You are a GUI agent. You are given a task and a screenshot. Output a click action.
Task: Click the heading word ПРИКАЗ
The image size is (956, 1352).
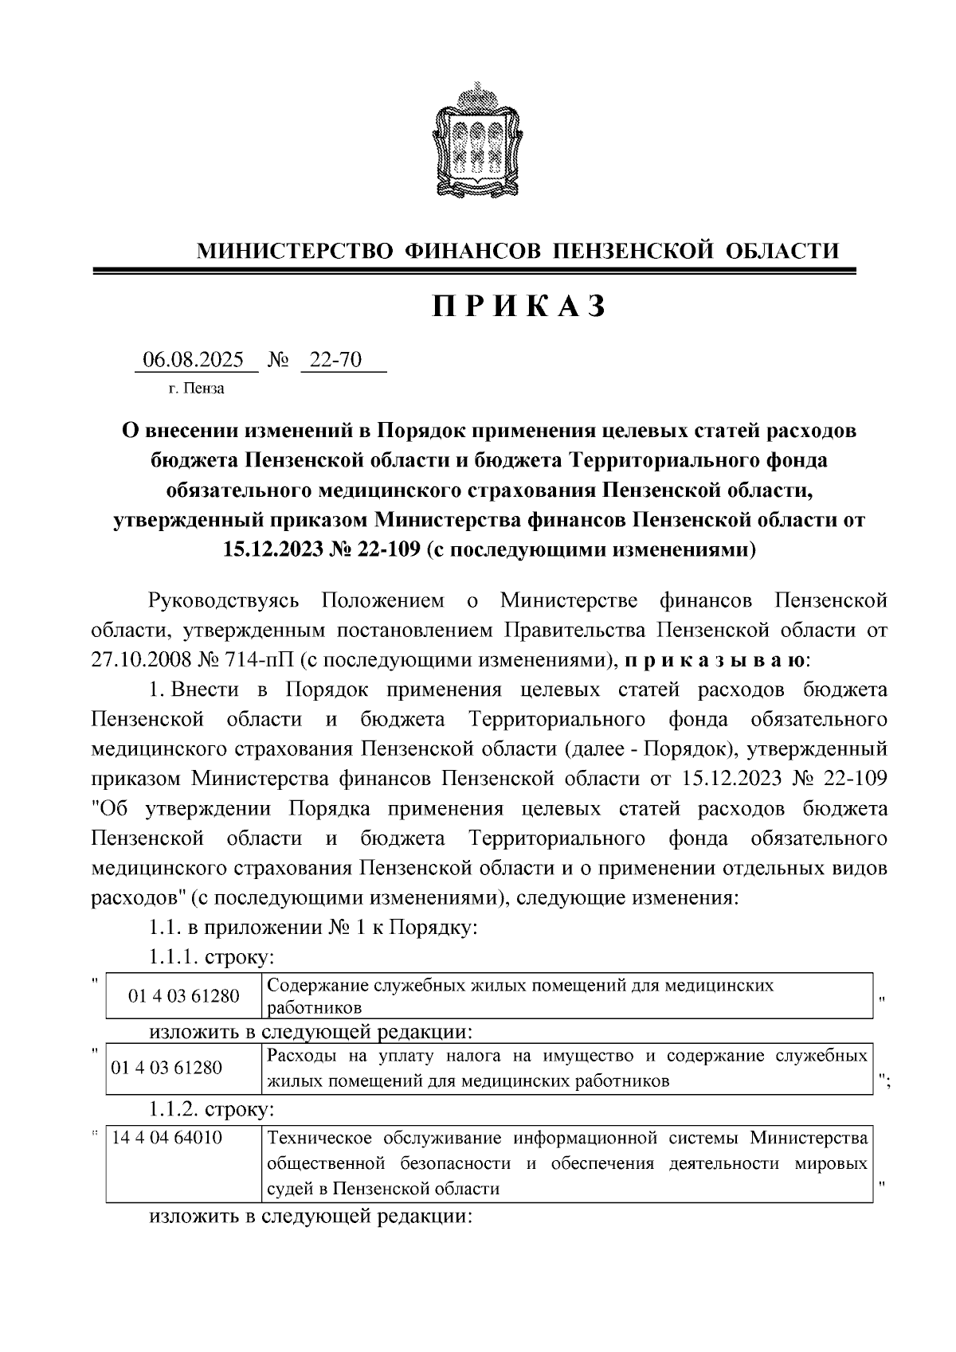(519, 307)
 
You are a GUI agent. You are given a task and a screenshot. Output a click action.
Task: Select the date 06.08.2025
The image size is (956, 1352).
(194, 361)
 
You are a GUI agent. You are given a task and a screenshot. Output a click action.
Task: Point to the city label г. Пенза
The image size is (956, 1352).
(196, 389)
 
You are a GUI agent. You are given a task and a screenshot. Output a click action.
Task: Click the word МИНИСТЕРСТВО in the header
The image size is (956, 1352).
(296, 252)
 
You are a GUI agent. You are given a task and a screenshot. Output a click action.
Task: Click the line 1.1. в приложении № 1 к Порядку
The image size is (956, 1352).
(313, 928)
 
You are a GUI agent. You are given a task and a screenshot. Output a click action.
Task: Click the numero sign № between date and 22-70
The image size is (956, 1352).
(278, 361)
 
